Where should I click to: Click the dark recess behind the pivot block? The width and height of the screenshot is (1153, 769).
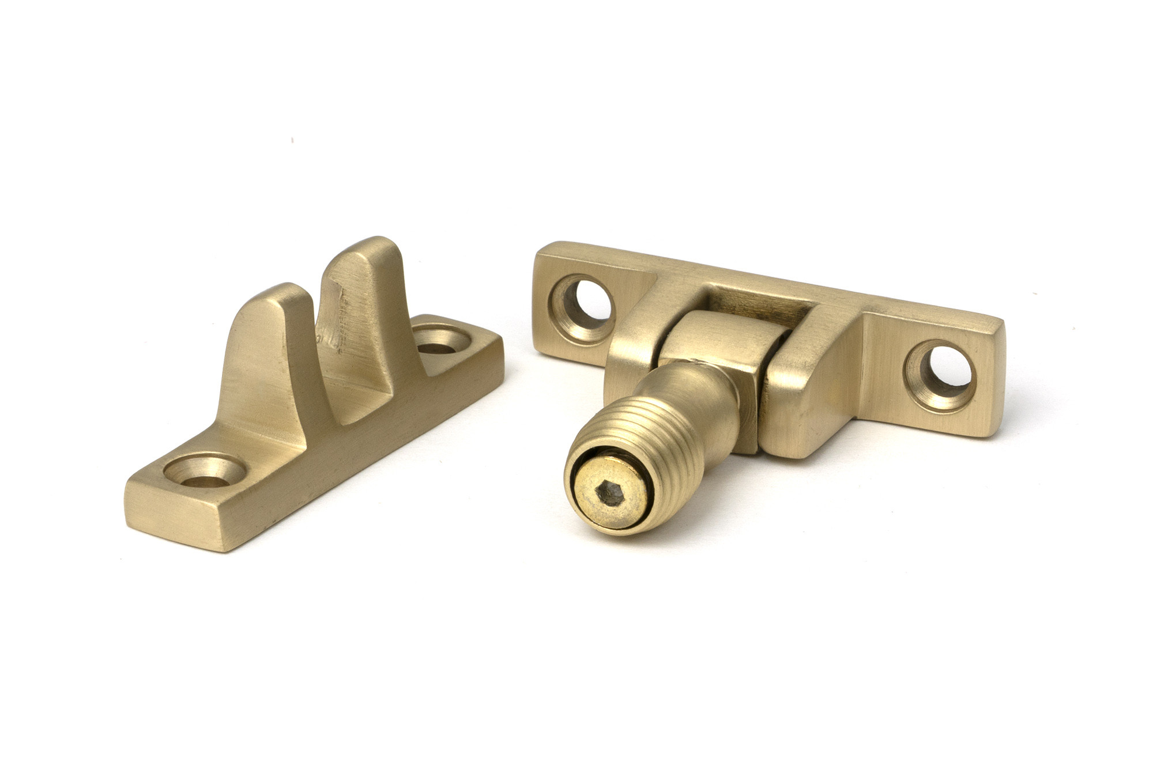(x=749, y=300)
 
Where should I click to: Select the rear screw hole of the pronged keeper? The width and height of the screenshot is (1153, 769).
(x=441, y=340)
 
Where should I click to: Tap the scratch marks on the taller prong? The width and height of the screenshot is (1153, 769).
(x=334, y=323)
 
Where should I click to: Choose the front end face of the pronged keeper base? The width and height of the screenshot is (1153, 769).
(x=173, y=519)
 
